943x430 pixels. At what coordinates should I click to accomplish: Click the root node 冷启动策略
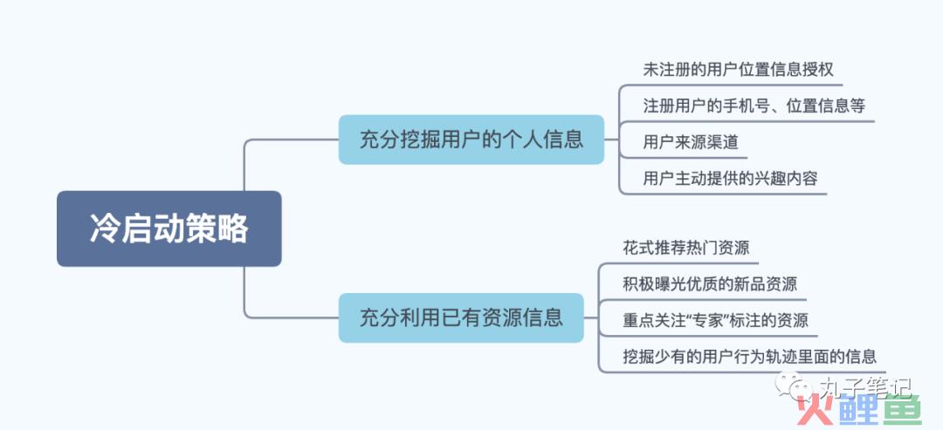pyautogui.click(x=169, y=229)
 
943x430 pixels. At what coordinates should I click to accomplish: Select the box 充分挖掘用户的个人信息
pyautogui.click(x=471, y=140)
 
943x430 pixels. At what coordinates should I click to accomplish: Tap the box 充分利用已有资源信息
pyautogui.click(x=461, y=317)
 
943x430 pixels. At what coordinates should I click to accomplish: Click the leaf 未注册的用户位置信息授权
pyautogui.click(x=739, y=70)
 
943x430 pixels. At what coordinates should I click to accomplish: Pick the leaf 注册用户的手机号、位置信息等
pyautogui.click(x=754, y=106)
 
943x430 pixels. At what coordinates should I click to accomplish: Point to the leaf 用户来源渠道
pyautogui.click(x=691, y=142)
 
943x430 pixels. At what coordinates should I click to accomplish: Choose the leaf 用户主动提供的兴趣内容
pyautogui.click(x=730, y=178)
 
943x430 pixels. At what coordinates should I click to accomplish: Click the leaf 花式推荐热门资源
pyautogui.click(x=686, y=248)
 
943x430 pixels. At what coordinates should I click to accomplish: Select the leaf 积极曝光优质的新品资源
pyautogui.click(x=710, y=284)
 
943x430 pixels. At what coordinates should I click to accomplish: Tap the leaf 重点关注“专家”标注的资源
pyautogui.click(x=716, y=320)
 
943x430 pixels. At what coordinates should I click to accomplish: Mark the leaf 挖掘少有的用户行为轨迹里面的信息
pyautogui.click(x=750, y=357)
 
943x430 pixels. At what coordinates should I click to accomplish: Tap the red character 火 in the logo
pyautogui.click(x=814, y=410)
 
